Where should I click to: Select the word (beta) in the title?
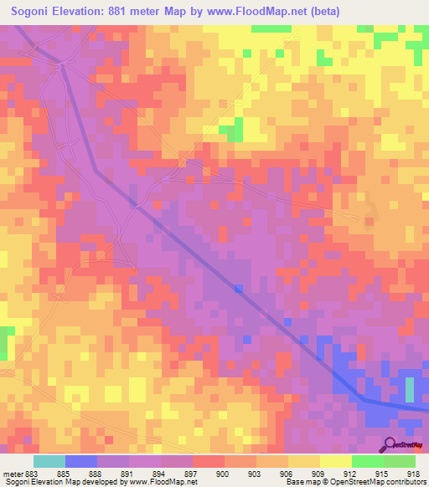(x=320, y=12)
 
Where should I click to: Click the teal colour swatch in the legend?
(x=49, y=461)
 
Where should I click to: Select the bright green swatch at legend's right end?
(x=399, y=461)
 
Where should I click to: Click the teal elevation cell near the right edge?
(x=410, y=390)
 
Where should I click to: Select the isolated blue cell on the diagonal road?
(x=239, y=289)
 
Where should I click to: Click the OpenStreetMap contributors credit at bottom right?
(x=382, y=482)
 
